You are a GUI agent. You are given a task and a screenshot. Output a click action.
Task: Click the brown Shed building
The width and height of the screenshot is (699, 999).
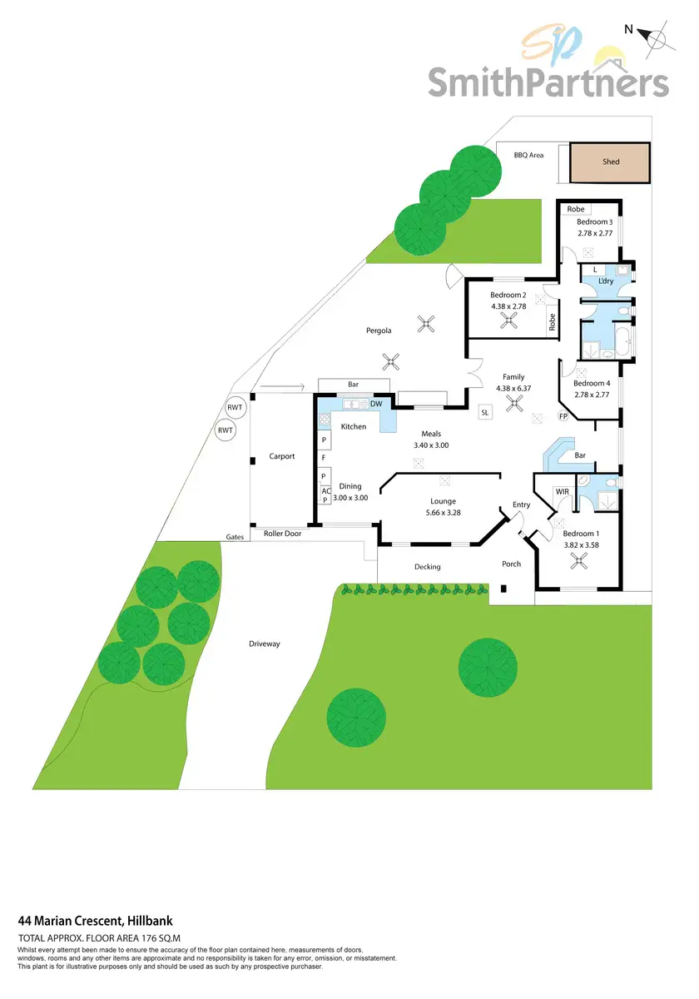(x=611, y=162)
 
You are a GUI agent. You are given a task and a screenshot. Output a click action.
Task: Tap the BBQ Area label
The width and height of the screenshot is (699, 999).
(x=528, y=155)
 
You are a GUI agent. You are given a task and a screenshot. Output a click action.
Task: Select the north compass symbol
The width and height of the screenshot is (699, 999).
(x=656, y=38)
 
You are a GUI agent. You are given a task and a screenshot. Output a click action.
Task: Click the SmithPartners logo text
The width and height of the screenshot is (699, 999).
(x=548, y=83)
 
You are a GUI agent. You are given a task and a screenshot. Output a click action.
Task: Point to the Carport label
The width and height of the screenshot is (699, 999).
(x=282, y=456)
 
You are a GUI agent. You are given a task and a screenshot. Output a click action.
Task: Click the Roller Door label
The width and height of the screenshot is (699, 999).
(x=282, y=533)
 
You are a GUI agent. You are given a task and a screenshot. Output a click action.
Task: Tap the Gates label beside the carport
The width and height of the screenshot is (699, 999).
(x=235, y=537)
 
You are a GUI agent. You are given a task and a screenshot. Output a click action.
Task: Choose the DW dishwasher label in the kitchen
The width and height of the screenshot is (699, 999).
(x=376, y=404)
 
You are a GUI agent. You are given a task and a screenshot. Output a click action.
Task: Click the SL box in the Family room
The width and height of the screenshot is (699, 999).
(x=486, y=412)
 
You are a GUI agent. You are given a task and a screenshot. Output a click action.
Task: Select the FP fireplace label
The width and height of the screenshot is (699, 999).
(x=563, y=416)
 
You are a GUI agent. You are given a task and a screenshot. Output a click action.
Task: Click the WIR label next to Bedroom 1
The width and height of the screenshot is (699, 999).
(x=563, y=492)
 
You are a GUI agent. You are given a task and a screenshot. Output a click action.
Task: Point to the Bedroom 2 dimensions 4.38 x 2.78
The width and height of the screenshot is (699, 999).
(x=508, y=306)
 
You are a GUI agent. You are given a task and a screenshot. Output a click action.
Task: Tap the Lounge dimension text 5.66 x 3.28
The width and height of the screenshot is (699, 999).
(x=443, y=513)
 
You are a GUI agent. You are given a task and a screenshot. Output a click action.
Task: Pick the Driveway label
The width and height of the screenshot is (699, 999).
(x=265, y=644)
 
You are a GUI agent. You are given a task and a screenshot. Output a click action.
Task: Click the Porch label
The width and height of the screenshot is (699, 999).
(x=511, y=564)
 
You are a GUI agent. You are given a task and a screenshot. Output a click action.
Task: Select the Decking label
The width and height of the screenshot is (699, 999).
(x=428, y=567)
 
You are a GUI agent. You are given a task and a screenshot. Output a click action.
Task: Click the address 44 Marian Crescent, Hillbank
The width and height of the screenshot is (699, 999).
(x=95, y=921)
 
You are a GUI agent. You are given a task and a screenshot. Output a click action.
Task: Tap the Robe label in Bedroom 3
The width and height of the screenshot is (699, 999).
(x=576, y=209)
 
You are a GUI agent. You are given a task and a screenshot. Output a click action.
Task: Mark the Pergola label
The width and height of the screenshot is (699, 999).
(x=379, y=331)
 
